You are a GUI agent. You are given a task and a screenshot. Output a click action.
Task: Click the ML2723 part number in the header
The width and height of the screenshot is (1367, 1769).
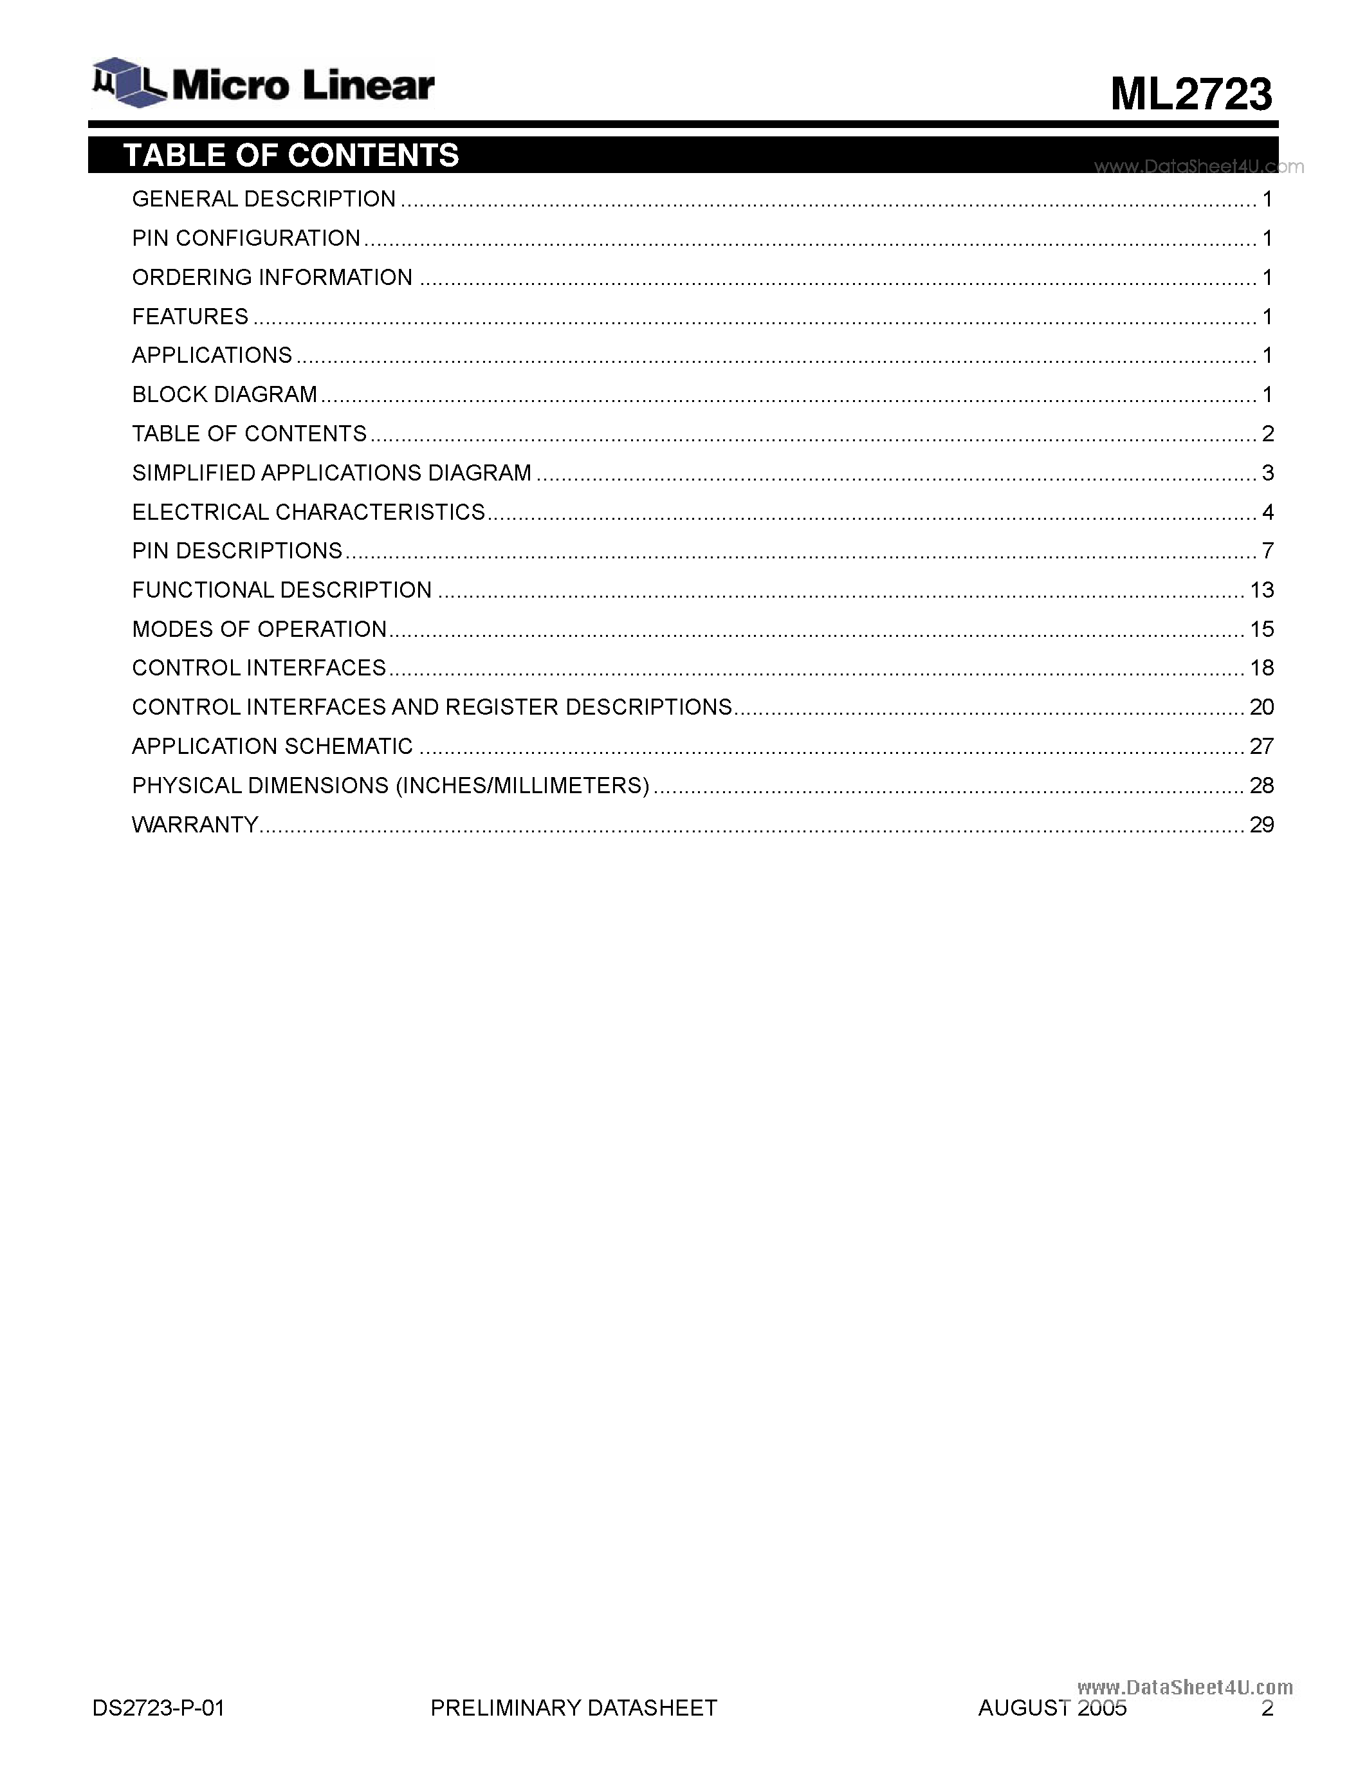1191,94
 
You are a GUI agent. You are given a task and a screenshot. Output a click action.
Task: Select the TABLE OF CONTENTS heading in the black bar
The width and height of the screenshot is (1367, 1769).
291,154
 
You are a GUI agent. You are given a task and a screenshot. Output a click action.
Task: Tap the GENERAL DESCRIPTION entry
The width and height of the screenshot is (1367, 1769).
263,199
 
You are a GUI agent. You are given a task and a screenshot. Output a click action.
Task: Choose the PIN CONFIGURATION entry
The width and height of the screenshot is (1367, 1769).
245,238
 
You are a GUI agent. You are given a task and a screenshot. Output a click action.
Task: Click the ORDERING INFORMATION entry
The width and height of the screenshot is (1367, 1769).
272,278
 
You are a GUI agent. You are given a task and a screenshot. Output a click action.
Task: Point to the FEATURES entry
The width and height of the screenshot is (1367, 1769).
190,316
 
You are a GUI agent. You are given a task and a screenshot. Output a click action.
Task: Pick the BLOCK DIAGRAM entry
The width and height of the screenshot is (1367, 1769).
225,394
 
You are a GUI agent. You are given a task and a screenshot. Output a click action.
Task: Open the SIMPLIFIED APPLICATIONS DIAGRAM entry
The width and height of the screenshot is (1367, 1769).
331,473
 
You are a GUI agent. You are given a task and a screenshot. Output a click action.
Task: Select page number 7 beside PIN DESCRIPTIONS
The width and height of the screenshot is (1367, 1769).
1267,551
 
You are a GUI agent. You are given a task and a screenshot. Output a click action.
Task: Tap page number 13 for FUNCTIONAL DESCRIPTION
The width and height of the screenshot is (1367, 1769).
1261,591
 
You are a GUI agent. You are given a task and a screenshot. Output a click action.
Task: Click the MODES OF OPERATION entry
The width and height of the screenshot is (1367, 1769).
259,629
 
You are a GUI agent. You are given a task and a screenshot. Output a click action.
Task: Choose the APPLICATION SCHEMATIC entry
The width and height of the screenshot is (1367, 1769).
272,747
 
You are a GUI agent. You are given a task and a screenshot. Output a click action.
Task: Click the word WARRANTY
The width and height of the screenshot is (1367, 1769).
194,825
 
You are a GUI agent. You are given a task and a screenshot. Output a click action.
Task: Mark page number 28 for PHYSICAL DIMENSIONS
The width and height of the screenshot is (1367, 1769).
1261,785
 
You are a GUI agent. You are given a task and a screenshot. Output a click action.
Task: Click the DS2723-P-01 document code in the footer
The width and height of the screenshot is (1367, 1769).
159,1709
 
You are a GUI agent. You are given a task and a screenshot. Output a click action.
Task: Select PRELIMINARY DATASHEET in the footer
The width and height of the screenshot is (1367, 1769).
573,1709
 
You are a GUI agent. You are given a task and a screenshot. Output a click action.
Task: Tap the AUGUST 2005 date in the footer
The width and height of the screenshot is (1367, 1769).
1052,1709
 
